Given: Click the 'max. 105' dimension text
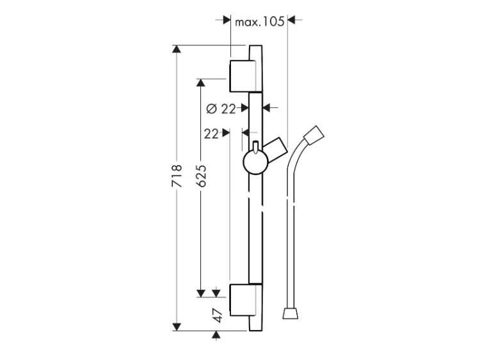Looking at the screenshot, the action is pos(260,22).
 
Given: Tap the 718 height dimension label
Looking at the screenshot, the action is pos(177,176).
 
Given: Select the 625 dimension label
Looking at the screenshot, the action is pos(201,176).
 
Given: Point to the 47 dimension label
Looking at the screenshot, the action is pos(218,315).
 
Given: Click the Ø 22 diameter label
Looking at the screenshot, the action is pos(221,109).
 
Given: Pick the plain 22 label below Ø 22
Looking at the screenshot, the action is pos(212,134).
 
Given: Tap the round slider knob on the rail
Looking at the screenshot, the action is pos(255,162).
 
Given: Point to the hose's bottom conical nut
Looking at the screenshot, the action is pos(290,314).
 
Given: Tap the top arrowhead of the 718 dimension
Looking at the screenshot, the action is pos(177,49).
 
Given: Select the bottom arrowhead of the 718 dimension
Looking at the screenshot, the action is pos(177,327).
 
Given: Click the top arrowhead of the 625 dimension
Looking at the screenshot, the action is pos(201,83).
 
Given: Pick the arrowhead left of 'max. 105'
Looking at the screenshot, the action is pos(227,20).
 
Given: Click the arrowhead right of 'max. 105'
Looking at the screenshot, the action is pos(291,20).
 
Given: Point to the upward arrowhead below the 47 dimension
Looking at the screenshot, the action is pos(216,335).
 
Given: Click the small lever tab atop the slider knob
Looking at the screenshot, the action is pos(255,146).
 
